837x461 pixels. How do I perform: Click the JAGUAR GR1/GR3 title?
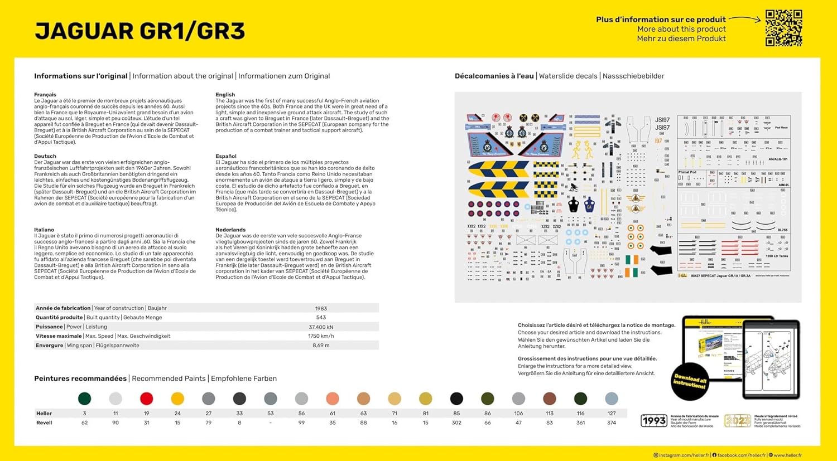139,31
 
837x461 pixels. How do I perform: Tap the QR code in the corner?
783,28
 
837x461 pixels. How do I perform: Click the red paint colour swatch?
146,399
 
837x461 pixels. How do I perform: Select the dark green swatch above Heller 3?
84,399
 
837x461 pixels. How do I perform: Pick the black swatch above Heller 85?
456,399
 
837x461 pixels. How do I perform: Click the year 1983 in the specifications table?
321,308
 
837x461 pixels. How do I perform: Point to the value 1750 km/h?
321,336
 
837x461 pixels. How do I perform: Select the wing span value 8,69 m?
321,346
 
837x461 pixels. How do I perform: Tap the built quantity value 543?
321,318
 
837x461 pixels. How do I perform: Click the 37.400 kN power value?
321,327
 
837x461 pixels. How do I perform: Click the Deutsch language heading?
45,156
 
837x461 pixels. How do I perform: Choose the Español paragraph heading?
226,156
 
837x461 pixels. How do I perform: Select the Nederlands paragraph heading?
230,230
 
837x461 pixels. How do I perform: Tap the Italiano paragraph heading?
44,230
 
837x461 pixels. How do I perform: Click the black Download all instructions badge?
690,382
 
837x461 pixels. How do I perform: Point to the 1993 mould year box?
653,421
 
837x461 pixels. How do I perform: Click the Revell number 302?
456,423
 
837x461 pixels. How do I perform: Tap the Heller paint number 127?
612,414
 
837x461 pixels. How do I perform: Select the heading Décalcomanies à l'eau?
494,76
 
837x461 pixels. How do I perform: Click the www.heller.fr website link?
787,455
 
